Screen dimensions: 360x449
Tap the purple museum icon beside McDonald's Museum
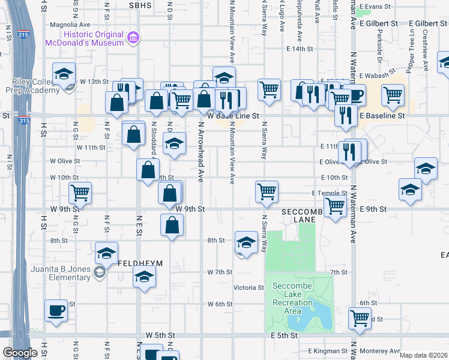click(133, 38)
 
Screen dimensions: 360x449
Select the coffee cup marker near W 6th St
click(56, 311)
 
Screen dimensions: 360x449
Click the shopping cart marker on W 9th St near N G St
click(80, 193)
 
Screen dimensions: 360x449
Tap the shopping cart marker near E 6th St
click(360, 318)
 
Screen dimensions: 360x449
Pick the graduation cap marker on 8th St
click(246, 242)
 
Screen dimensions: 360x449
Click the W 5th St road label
click(163, 335)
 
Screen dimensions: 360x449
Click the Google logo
click(20, 353)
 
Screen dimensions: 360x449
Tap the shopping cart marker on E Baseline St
click(393, 95)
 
